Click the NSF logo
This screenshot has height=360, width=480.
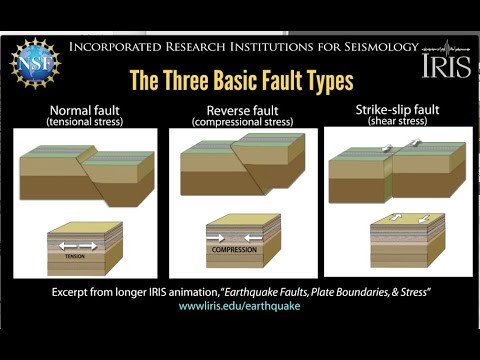click(x=36, y=62)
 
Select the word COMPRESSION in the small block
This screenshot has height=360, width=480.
click(x=237, y=250)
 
